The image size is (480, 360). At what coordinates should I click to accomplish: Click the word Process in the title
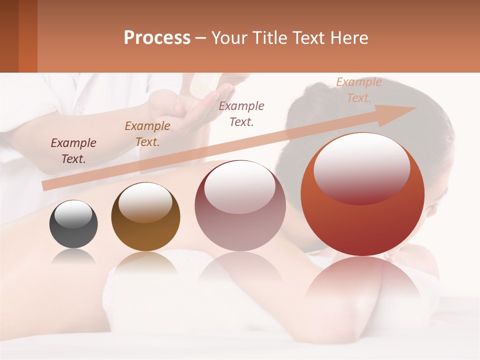pos(157,37)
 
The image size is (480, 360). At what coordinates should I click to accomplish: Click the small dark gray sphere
pos(73,225)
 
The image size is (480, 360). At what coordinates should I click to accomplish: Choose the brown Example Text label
pos(147,134)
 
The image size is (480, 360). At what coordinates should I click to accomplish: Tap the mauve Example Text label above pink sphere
pos(241,113)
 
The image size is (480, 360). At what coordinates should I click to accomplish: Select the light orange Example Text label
pos(358,90)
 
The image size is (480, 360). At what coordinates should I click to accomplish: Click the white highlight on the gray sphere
pos(73,213)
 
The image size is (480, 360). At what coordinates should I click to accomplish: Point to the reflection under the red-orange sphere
pos(362,280)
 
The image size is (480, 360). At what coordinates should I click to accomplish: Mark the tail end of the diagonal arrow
pos(45,186)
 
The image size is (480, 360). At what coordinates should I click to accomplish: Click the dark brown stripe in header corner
pos(9,36)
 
